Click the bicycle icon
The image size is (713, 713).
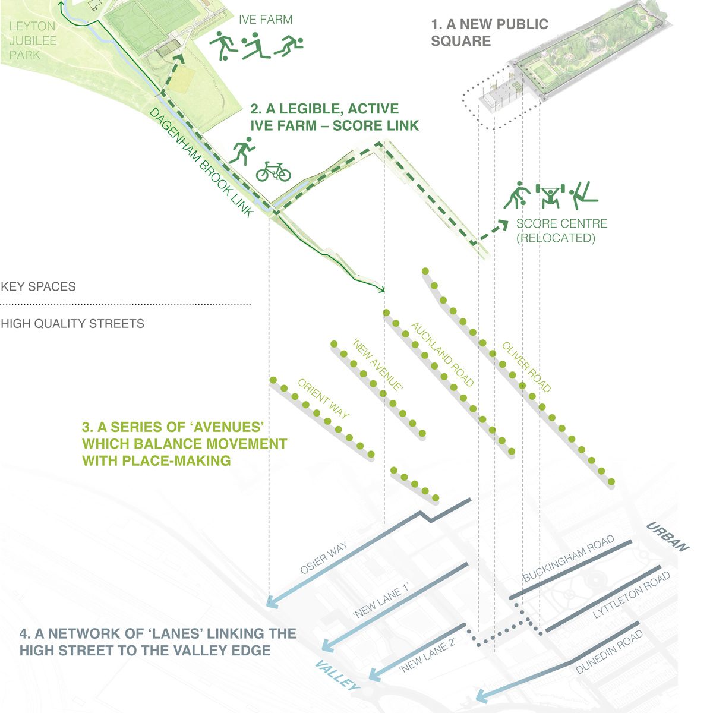pos(273,172)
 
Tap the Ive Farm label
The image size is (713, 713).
pos(266,20)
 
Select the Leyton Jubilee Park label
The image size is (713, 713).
pos(33,40)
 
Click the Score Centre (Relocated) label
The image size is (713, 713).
pos(561,231)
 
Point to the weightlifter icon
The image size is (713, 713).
pos(549,195)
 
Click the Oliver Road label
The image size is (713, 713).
pos(526,367)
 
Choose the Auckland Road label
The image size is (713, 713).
pos(443,355)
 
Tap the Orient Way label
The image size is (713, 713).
pos(323,399)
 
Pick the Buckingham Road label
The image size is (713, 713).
pos(568,559)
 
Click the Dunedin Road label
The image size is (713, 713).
pos(610,652)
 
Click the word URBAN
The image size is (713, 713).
pos(667,537)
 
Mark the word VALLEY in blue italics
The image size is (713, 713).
pos(337,676)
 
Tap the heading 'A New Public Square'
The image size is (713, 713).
pos(490,33)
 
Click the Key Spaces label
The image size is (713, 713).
pos(39,286)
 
